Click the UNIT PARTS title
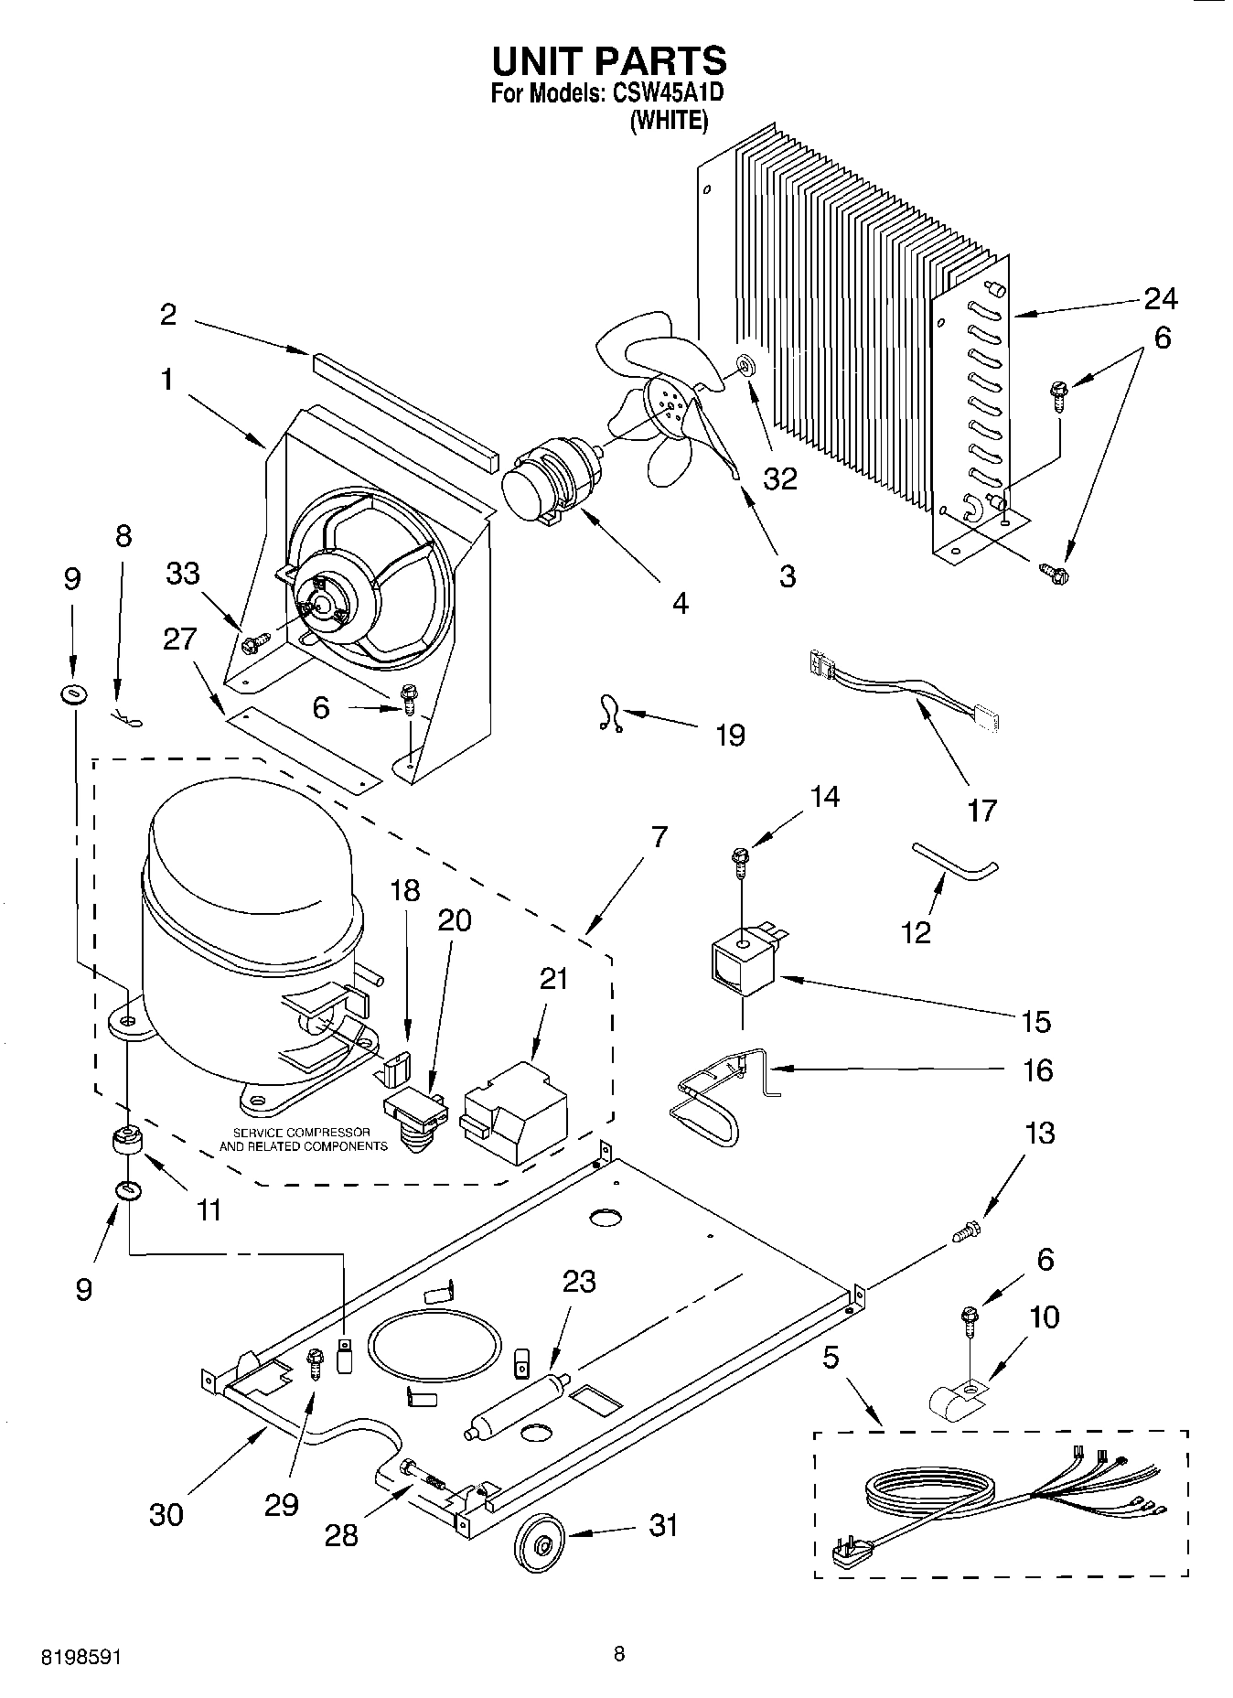tap(609, 60)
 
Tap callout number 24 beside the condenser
tap(1160, 298)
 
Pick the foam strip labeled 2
tap(402, 407)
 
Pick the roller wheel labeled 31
tap(539, 1545)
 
